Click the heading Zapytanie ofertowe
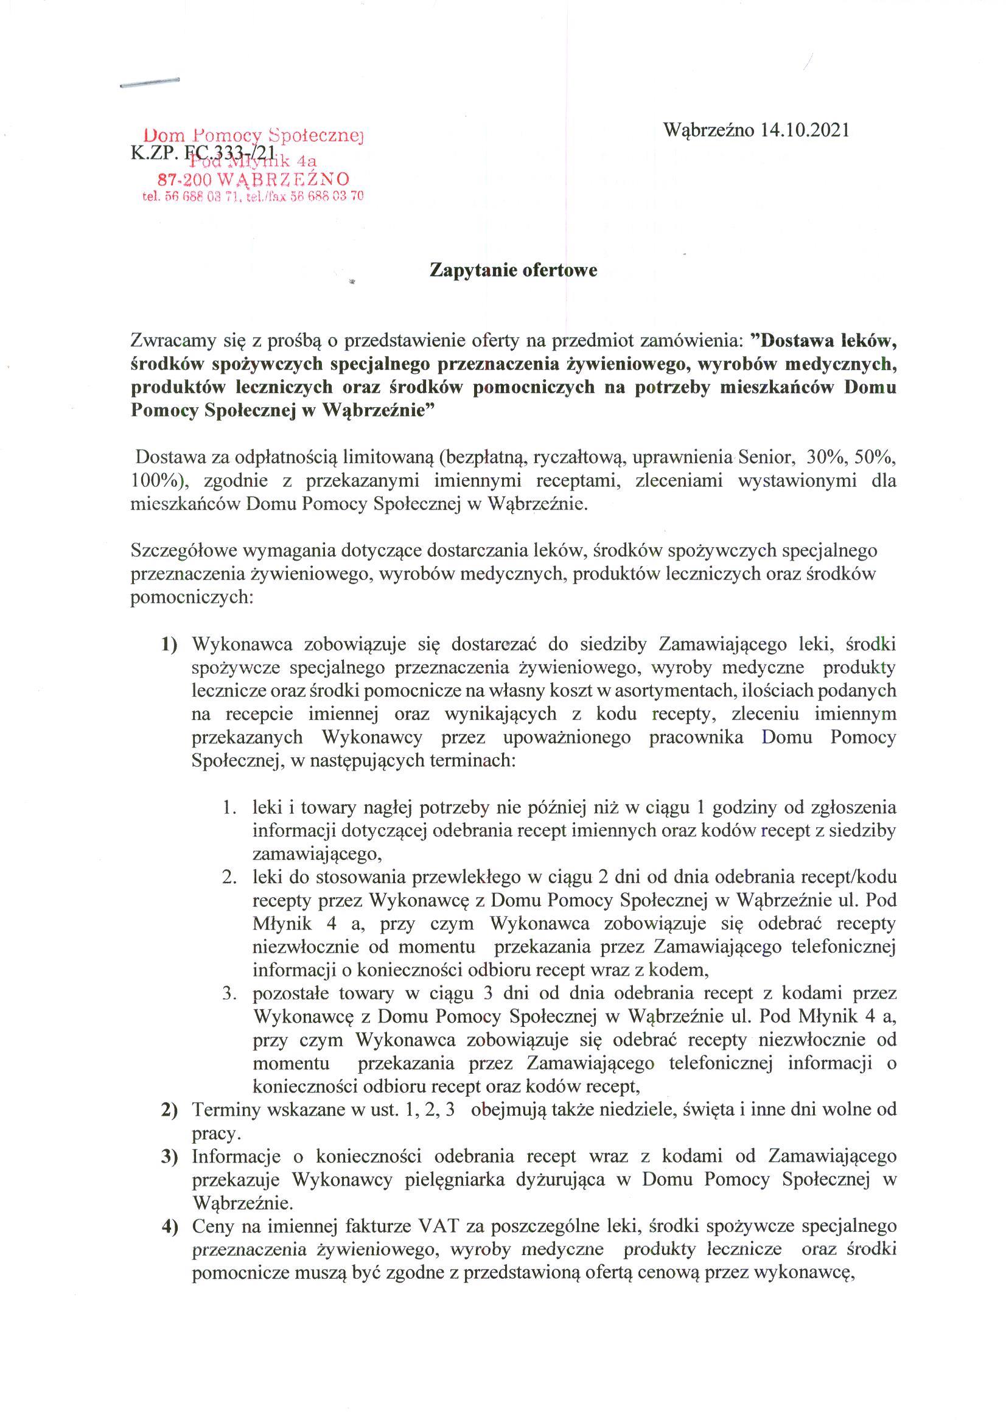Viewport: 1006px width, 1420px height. pyautogui.click(x=514, y=271)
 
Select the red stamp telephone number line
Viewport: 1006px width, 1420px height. pyautogui.click(x=253, y=197)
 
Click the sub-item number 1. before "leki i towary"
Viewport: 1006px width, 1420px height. pyautogui.click(x=231, y=808)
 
